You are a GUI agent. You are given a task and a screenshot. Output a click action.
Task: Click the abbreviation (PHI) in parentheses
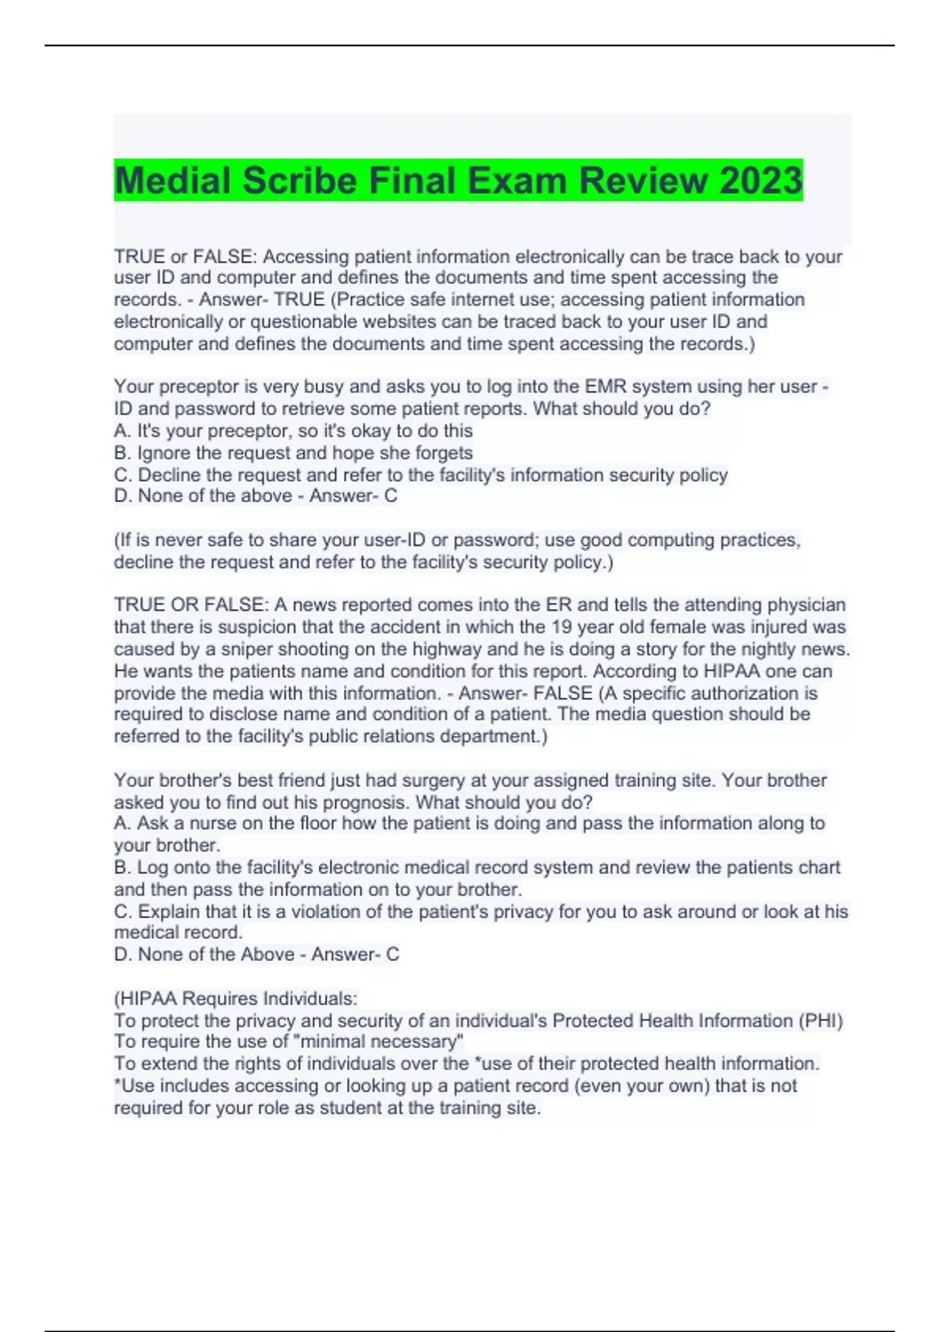[x=820, y=1021]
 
